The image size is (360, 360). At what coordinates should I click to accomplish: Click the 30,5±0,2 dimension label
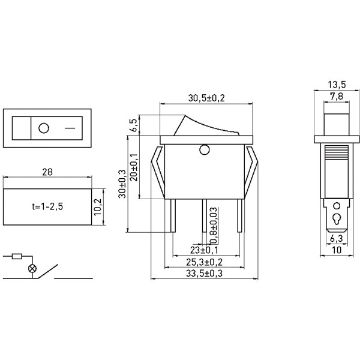206,98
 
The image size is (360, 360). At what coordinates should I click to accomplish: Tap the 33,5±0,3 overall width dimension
204,274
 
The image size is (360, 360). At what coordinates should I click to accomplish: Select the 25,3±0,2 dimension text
204,262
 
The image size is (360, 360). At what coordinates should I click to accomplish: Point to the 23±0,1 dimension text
204,250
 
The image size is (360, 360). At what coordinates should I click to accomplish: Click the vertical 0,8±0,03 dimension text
214,225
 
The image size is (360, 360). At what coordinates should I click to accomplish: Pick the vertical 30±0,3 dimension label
122,184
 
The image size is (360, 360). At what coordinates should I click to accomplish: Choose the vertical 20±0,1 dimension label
134,167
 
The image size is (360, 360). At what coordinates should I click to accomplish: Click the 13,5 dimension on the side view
337,85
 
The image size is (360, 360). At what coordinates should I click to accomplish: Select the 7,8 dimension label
337,96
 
